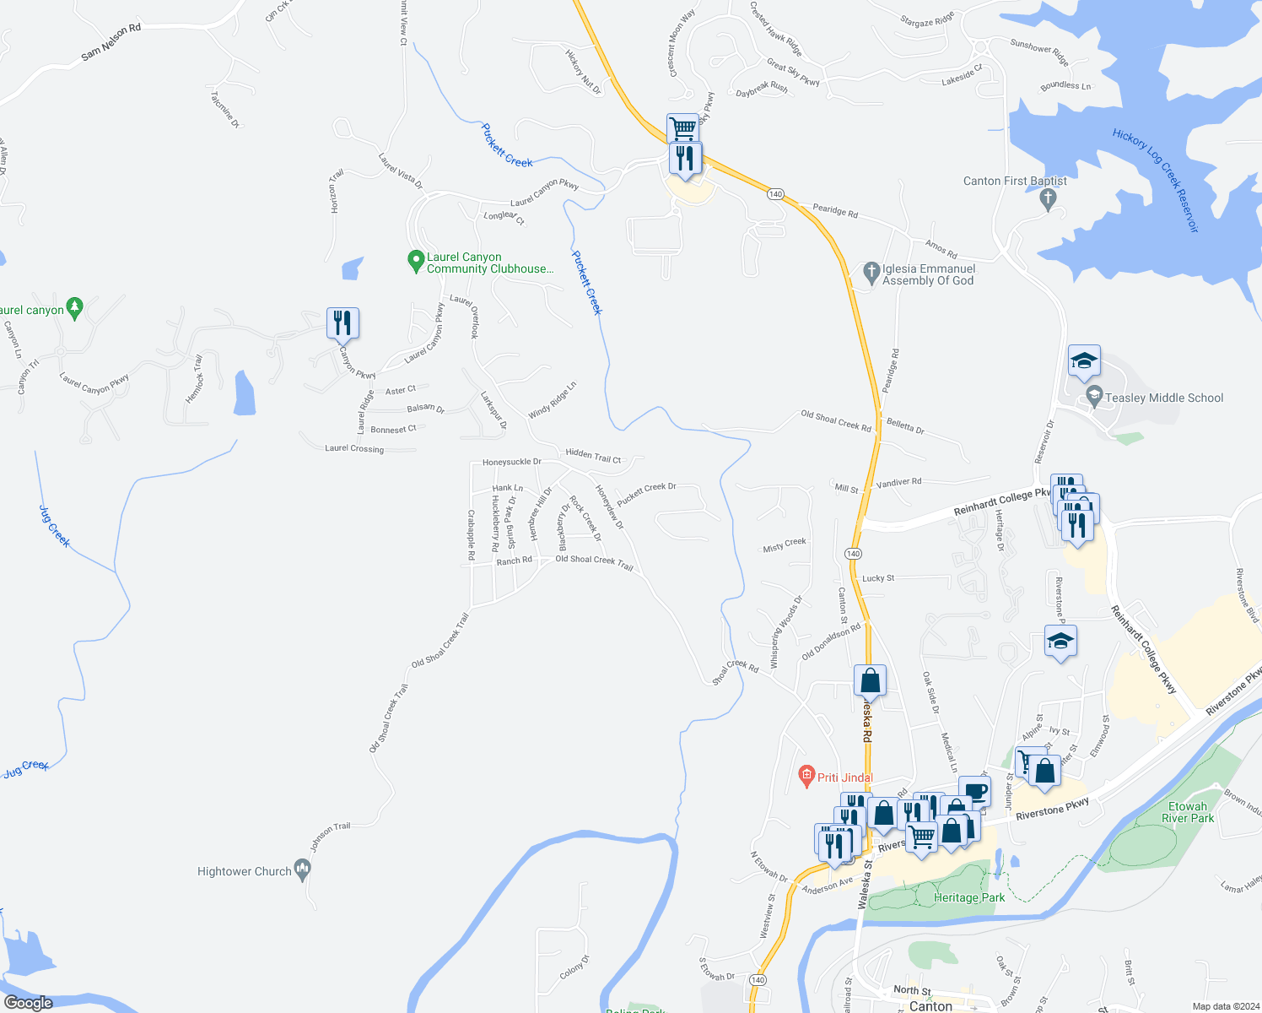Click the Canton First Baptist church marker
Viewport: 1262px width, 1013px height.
pyautogui.click(x=1048, y=199)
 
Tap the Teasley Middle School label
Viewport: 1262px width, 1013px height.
pyautogui.click(x=1163, y=398)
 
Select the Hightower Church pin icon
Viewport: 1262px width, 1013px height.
pyautogui.click(x=303, y=871)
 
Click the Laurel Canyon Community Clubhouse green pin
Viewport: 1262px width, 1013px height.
pyautogui.click(x=415, y=261)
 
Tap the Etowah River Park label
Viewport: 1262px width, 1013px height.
pyautogui.click(x=1187, y=812)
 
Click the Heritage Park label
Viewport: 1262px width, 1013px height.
pyautogui.click(x=968, y=897)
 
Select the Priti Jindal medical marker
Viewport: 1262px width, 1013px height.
pyautogui.click(x=806, y=775)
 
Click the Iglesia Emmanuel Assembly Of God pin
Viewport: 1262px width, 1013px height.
pyautogui.click(x=871, y=272)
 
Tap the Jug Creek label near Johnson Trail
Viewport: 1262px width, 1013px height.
pyautogui.click(x=26, y=768)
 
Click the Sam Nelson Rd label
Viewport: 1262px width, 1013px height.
pyautogui.click(x=111, y=42)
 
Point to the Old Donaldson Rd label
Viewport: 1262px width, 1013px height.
pyautogui.click(x=831, y=642)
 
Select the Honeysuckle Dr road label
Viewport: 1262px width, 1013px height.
pyautogui.click(x=511, y=462)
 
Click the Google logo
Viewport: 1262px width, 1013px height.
pyautogui.click(x=29, y=1002)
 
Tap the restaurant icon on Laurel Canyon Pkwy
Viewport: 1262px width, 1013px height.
pyautogui.click(x=342, y=323)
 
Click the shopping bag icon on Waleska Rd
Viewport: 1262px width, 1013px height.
pyautogui.click(x=870, y=680)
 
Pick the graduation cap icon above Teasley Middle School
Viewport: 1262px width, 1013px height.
pyautogui.click(x=1084, y=361)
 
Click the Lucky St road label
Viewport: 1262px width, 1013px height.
pyautogui.click(x=878, y=578)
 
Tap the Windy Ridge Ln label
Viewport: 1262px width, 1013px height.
pyautogui.click(x=552, y=400)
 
